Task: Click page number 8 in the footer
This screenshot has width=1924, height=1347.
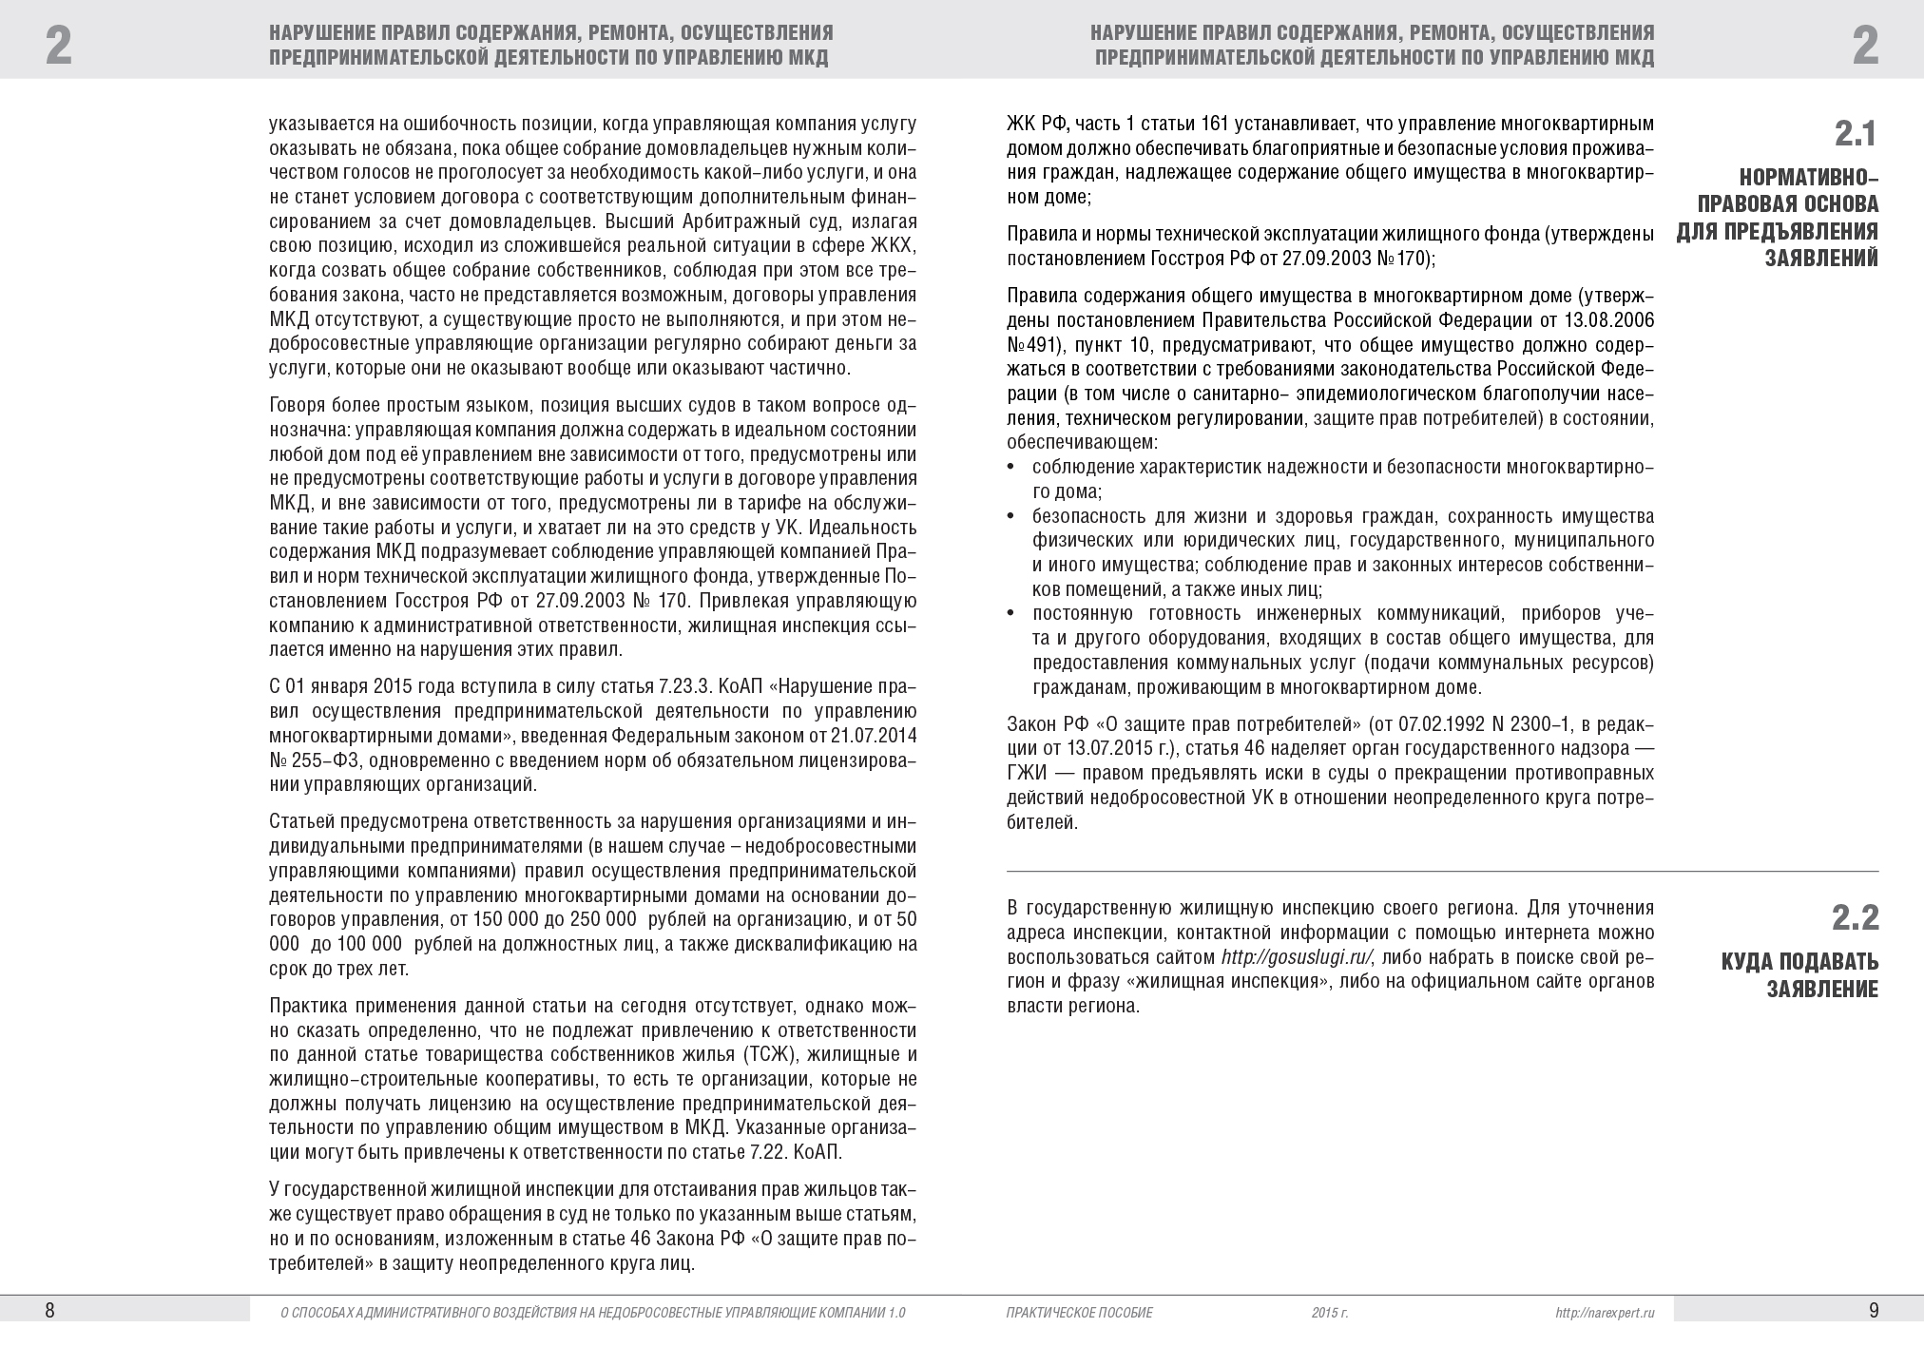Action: point(50,1311)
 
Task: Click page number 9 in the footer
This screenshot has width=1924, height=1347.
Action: point(1874,1311)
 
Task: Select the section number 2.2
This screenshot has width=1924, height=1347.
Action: point(1855,918)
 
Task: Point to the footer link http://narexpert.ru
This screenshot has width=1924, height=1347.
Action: point(1606,1313)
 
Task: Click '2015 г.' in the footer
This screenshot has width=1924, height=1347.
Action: point(1330,1313)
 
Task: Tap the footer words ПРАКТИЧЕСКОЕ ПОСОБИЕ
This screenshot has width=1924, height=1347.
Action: point(1079,1313)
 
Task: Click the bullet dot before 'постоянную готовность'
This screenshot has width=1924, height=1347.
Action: point(1010,613)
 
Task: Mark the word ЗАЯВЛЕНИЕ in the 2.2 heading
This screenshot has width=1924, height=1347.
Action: point(1822,990)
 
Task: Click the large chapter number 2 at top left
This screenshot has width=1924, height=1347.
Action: point(59,46)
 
